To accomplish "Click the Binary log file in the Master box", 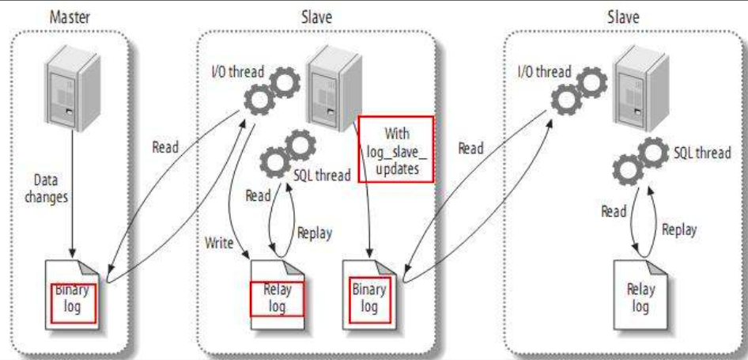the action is [x=73, y=296].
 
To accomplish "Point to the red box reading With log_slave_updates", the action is [x=396, y=149].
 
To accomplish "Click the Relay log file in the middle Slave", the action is [x=278, y=294].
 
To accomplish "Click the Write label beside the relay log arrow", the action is [x=219, y=243].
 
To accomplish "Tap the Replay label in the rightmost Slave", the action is [x=679, y=229].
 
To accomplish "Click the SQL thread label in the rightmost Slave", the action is [x=702, y=153].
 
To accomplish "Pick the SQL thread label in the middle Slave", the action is [x=322, y=175].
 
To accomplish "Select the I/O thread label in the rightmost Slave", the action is [x=544, y=72].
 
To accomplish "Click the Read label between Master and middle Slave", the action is [x=165, y=147].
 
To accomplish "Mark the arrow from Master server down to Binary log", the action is [x=73, y=194].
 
